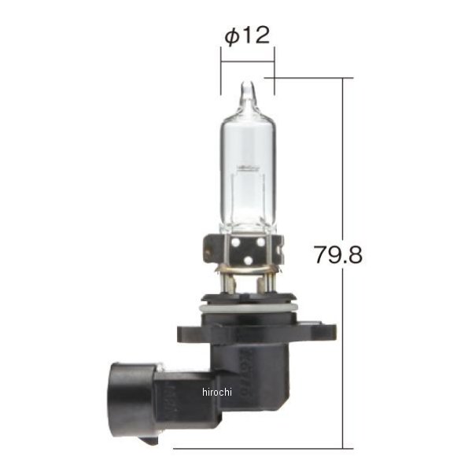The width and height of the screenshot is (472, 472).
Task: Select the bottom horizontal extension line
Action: pyautogui.click(x=260, y=448)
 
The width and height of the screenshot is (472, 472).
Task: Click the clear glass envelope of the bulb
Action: pyautogui.click(x=247, y=142)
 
